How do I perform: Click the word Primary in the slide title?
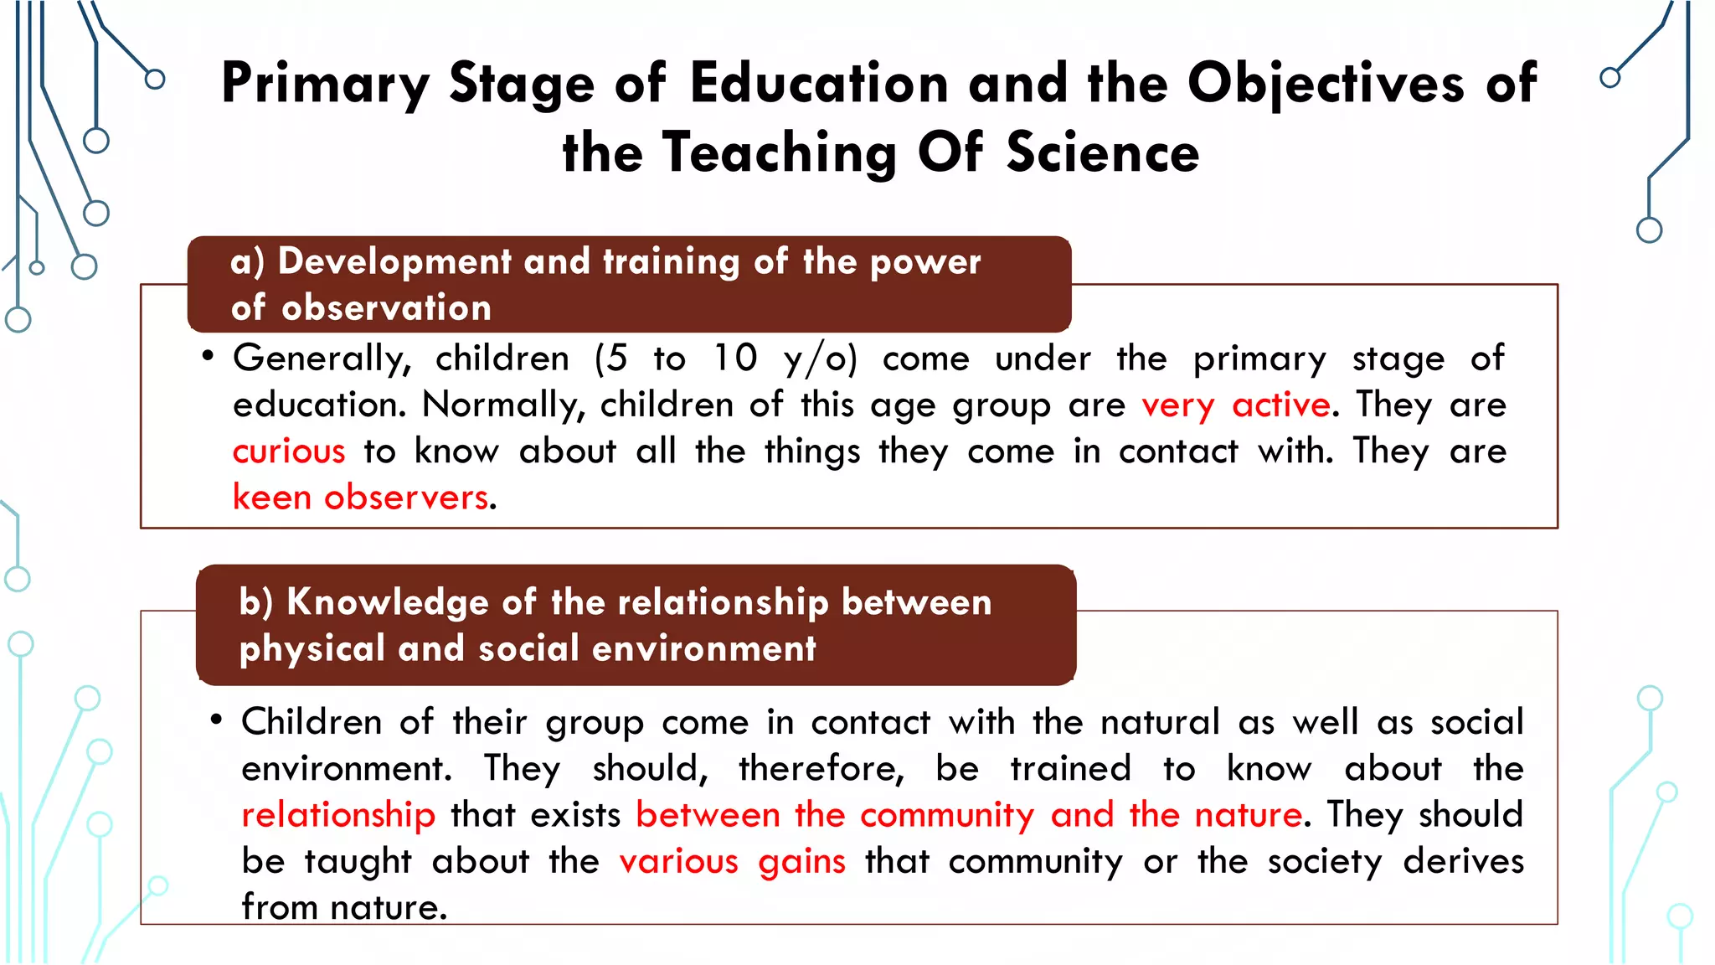pyautogui.click(x=325, y=85)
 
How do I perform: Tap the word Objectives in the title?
pyautogui.click(x=1326, y=85)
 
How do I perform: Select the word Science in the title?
pyautogui.click(x=1102, y=153)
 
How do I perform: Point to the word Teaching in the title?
pyautogui.click(x=780, y=153)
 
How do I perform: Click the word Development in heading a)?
pyautogui.click(x=394, y=261)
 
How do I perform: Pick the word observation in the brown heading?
pyautogui.click(x=386, y=308)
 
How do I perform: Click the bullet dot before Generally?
pyautogui.click(x=208, y=357)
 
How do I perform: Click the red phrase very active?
pyautogui.click(x=1236, y=405)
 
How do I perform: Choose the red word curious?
pyautogui.click(x=289, y=452)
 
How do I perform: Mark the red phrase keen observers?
pyautogui.click(x=360, y=498)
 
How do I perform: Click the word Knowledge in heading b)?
pyautogui.click(x=387, y=602)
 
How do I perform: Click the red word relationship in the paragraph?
pyautogui.click(x=338, y=815)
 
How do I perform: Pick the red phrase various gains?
pyautogui.click(x=732, y=862)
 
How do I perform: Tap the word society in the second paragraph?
pyautogui.click(x=1324, y=862)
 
